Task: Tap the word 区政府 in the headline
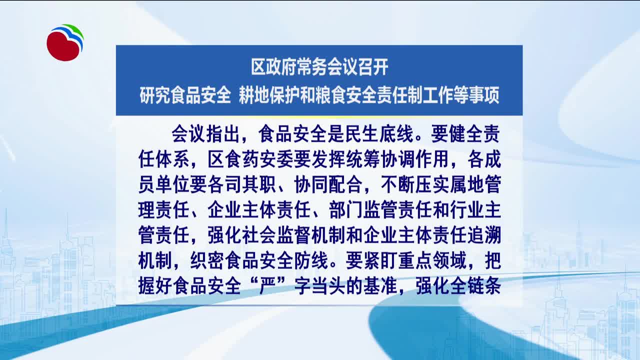coord(273,67)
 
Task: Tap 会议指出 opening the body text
coord(205,134)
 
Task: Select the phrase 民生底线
coord(379,134)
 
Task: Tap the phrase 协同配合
coord(328,185)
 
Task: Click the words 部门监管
coord(363,210)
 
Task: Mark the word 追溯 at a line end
coord(484,235)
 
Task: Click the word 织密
coord(207,260)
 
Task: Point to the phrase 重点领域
coord(432,260)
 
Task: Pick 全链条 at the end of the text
coord(475,285)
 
